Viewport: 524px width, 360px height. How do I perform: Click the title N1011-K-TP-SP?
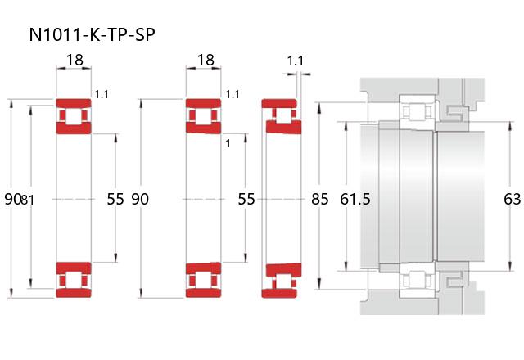pyautogui.click(x=93, y=34)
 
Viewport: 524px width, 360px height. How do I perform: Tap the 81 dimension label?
pyautogui.click(x=27, y=200)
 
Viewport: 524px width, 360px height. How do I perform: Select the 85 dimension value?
pyautogui.click(x=320, y=200)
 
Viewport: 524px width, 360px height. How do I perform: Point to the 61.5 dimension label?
pyautogui.click(x=355, y=200)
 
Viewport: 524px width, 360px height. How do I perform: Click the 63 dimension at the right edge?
pyautogui.click(x=512, y=200)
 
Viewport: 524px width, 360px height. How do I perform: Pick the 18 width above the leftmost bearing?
pyautogui.click(x=75, y=60)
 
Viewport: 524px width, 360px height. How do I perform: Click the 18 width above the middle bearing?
pyautogui.click(x=206, y=60)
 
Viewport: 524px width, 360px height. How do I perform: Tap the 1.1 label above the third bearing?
pyautogui.click(x=296, y=61)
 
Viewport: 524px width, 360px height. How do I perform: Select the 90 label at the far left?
pyautogui.click(x=13, y=200)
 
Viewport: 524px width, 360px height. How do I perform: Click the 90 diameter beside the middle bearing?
pyautogui.click(x=140, y=200)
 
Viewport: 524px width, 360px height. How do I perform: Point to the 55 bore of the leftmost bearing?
pyautogui.click(x=115, y=200)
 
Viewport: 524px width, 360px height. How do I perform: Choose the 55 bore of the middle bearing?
pyautogui.click(x=246, y=200)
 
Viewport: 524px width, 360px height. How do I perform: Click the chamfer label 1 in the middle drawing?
pyautogui.click(x=228, y=144)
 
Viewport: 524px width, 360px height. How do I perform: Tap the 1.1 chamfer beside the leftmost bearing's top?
pyautogui.click(x=102, y=95)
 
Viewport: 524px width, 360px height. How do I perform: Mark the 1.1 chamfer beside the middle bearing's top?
pyautogui.click(x=233, y=95)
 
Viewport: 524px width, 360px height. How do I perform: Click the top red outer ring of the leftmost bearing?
pyautogui.click(x=74, y=103)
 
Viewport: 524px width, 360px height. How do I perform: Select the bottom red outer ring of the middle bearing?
pyautogui.click(x=204, y=293)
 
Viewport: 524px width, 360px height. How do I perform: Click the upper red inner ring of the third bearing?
pyautogui.click(x=284, y=127)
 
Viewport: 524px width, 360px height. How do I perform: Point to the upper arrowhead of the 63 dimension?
pyautogui.click(x=510, y=125)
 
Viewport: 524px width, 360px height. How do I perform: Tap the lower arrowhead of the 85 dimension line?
pyautogui.click(x=319, y=284)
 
